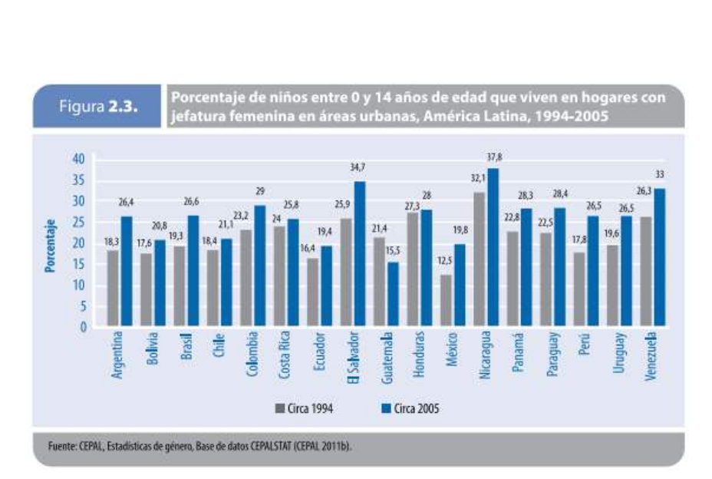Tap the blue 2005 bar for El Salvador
pos(359,254)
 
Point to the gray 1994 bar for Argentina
pos(113,289)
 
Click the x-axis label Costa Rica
pos(285,355)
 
